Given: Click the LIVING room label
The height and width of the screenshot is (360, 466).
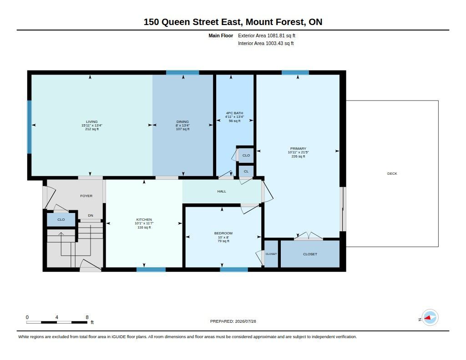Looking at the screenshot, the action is coord(91,122).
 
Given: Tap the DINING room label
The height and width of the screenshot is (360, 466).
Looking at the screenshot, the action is coord(182,122).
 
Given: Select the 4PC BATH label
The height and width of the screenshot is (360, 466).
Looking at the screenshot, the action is coord(234,113).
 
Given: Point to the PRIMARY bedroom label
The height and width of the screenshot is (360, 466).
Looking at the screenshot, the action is coord(298,148).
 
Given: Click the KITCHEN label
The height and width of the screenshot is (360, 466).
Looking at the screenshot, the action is coord(144,219).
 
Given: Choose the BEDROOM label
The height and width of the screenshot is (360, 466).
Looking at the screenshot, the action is coord(223,233).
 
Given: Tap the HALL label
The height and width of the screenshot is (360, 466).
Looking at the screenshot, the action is coord(222,192).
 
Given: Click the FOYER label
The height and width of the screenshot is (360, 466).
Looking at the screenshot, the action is coord(86,196).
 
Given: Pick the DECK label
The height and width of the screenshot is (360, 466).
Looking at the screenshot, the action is coord(392,173).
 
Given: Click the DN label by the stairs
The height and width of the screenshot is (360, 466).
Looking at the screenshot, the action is coord(91,216).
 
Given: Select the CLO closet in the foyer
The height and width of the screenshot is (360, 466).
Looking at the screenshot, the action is coord(61,220).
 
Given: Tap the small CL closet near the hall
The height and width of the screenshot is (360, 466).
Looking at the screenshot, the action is coord(246,171).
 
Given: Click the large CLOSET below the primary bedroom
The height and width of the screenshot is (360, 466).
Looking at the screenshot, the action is coord(310,254).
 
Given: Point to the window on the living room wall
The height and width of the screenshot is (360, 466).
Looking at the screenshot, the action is coord(30,127).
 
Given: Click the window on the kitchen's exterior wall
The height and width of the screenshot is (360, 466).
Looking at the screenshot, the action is coord(151,269).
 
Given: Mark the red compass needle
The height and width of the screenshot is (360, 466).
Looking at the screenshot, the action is coord(427,318).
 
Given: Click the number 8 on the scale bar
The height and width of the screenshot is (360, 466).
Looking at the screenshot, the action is coord(87,317).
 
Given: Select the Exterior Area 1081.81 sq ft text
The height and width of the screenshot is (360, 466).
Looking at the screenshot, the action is coord(267,35).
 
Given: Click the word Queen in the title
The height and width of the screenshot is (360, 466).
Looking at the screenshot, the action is coord(176,22).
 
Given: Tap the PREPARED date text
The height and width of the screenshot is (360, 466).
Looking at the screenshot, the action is coord(233,321).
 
